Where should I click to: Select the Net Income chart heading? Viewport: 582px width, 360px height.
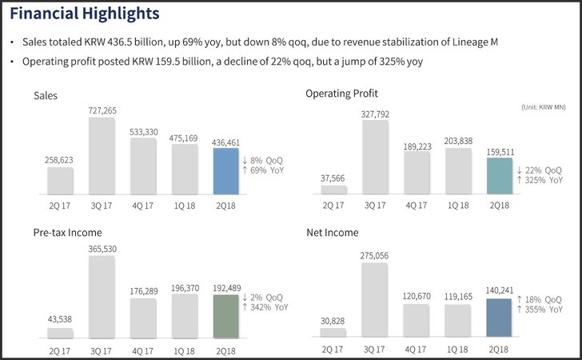point(333,233)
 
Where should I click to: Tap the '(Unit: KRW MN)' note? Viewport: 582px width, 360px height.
point(544,107)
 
